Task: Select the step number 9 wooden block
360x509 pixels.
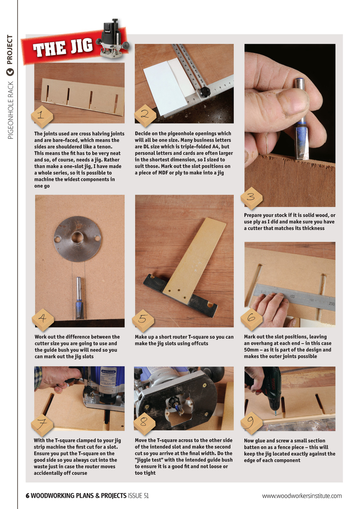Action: pyautogui.click(x=251, y=423)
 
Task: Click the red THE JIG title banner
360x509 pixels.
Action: pyautogui.click(x=64, y=48)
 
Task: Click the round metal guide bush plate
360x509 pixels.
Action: pyautogui.click(x=78, y=239)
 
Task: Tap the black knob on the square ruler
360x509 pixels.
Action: pyautogui.click(x=204, y=92)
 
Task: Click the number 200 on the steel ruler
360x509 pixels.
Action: pyautogui.click(x=331, y=304)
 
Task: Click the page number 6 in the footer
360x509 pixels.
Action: pyautogui.click(x=27, y=495)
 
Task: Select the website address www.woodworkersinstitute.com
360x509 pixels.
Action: pyautogui.click(x=302, y=495)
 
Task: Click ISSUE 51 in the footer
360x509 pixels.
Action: pyautogui.click(x=138, y=495)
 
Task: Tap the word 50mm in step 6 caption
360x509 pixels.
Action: pyautogui.click(x=252, y=350)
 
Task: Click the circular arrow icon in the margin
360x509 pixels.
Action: pyautogui.click(x=10, y=72)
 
